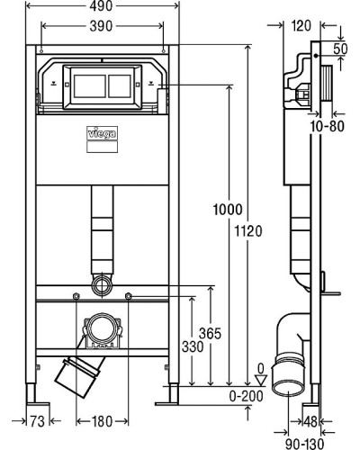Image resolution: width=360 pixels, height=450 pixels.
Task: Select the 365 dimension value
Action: point(211,333)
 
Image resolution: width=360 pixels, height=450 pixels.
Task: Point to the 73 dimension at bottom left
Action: point(37,419)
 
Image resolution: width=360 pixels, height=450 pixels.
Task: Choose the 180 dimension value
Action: point(101,419)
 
